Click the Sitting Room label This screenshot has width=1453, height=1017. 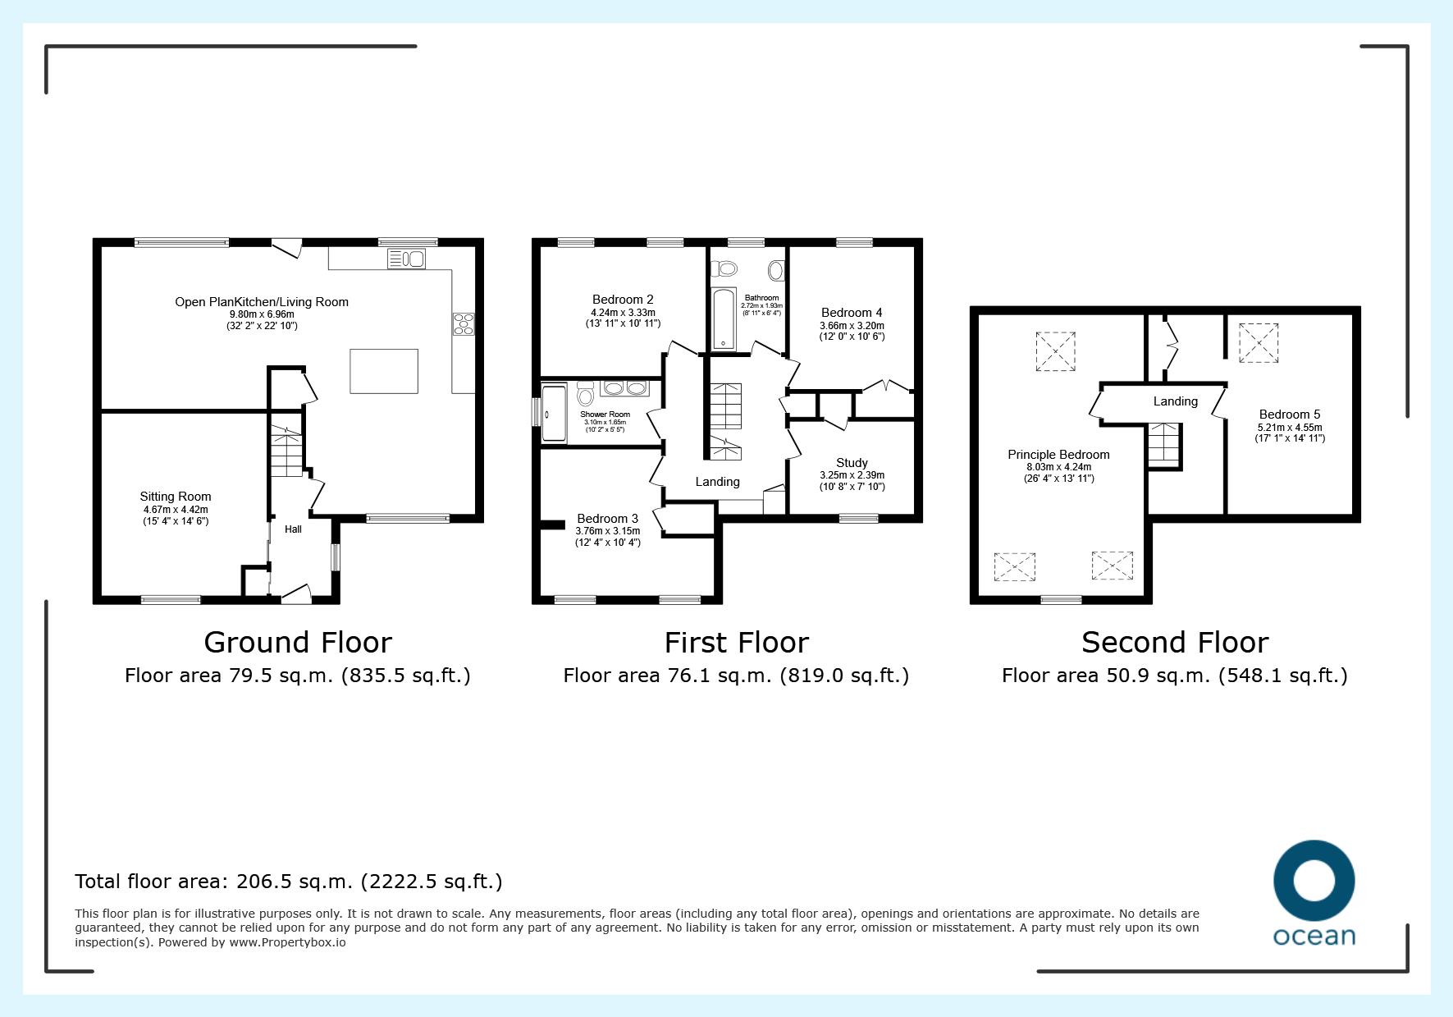pyautogui.click(x=176, y=497)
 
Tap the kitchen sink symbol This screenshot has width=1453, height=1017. pyautogui.click(x=407, y=259)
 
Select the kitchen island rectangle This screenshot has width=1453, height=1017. pyautogui.click(x=384, y=371)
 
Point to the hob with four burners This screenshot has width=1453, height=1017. pyautogui.click(x=463, y=324)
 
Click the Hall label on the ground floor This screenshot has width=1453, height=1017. pyautogui.click(x=293, y=529)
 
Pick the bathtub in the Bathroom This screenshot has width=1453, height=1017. pyautogui.click(x=723, y=319)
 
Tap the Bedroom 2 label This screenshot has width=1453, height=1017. pyautogui.click(x=623, y=300)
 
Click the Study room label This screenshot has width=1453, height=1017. pyautogui.click(x=852, y=463)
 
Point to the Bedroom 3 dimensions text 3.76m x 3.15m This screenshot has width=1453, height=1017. pyautogui.click(x=607, y=531)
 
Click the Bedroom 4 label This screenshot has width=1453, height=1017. pyautogui.click(x=852, y=313)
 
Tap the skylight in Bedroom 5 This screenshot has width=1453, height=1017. pyautogui.click(x=1259, y=343)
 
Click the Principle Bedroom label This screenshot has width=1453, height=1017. pyautogui.click(x=1058, y=455)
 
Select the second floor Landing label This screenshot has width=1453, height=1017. pyautogui.click(x=1175, y=401)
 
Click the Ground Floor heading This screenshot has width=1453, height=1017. pyautogui.click(x=298, y=642)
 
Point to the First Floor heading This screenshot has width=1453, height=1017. pyautogui.click(x=736, y=642)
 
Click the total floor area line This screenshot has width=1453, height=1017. pyautogui.click(x=289, y=882)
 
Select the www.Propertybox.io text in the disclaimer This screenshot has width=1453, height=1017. pyautogui.click(x=287, y=942)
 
